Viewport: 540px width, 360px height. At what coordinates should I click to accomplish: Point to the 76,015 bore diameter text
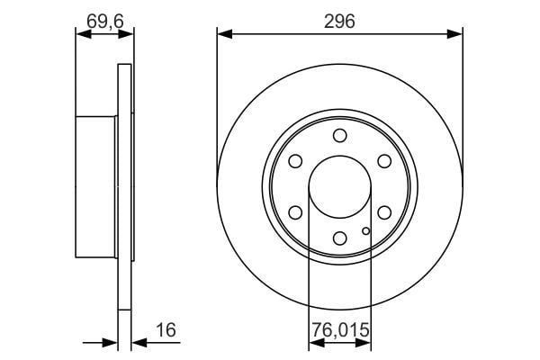(339, 330)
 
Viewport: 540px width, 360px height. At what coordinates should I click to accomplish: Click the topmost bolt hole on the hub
(339, 135)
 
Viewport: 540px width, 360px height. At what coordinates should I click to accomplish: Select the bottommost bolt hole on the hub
(339, 238)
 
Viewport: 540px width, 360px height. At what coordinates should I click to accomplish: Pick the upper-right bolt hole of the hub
(384, 161)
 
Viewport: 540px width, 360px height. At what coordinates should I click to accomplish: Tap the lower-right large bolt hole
(384, 212)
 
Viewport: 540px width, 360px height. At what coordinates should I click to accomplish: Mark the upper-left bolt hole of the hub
(295, 161)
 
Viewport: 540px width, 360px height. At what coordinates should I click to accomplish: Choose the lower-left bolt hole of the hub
(295, 212)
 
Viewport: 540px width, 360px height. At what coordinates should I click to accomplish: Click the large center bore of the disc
(339, 186)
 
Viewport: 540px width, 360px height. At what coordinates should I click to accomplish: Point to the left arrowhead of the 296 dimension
(223, 34)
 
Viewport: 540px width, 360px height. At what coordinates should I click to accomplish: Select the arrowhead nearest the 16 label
(138, 342)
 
